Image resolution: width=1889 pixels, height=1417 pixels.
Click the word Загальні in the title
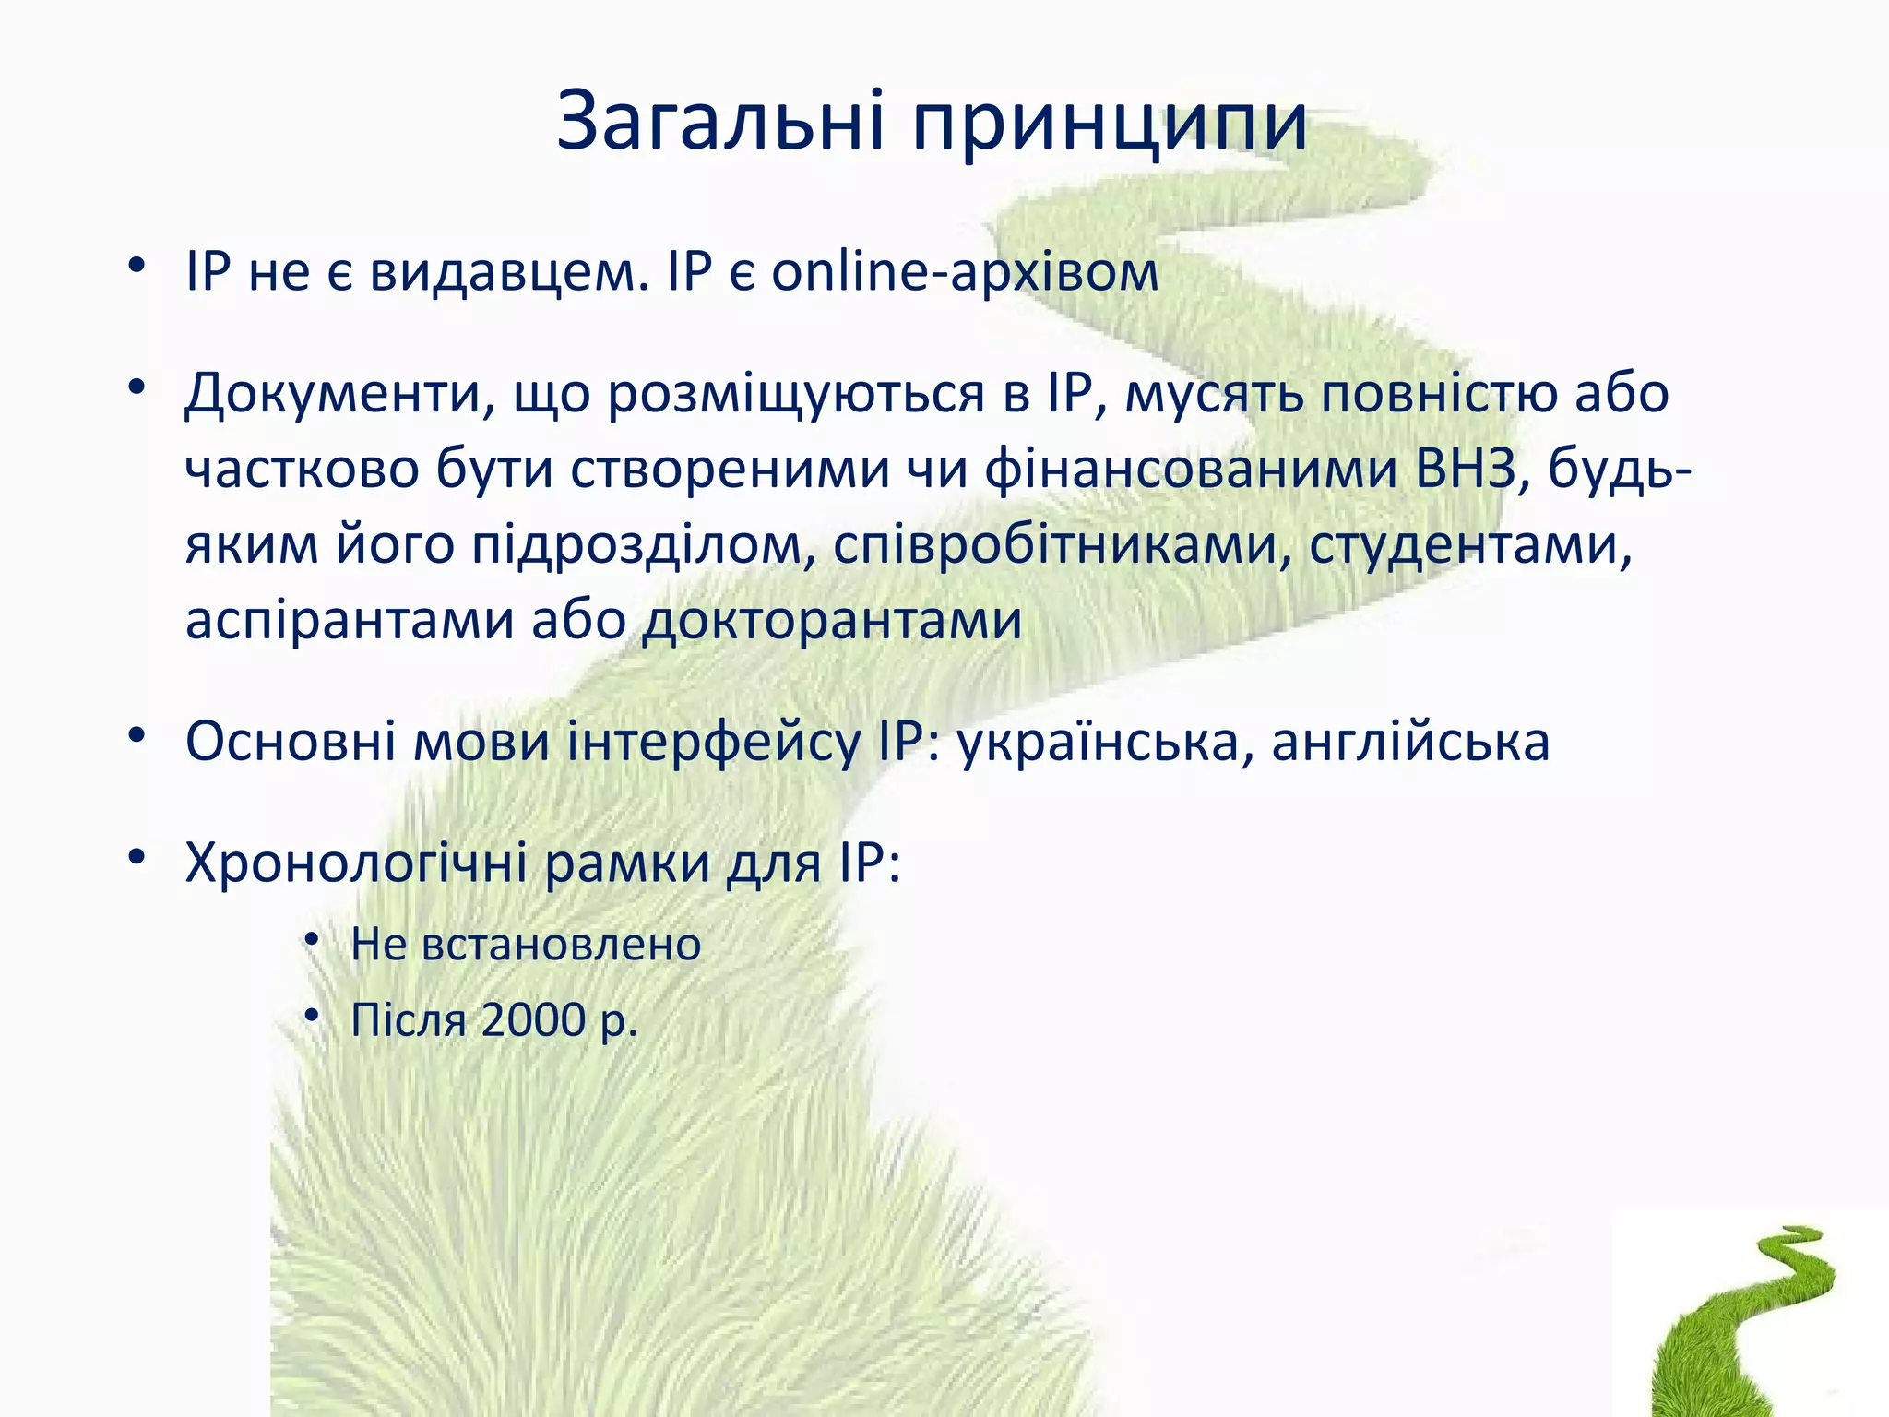720,122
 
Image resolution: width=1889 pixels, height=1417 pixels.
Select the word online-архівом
965,273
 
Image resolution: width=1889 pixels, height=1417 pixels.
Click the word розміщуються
797,395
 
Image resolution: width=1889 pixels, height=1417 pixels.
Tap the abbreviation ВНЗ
1466,469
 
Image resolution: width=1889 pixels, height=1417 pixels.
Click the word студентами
1470,546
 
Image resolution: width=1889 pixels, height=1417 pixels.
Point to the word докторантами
832,622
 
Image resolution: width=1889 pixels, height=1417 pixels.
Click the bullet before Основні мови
137,736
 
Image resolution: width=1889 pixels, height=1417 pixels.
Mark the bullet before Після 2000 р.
312,1016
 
